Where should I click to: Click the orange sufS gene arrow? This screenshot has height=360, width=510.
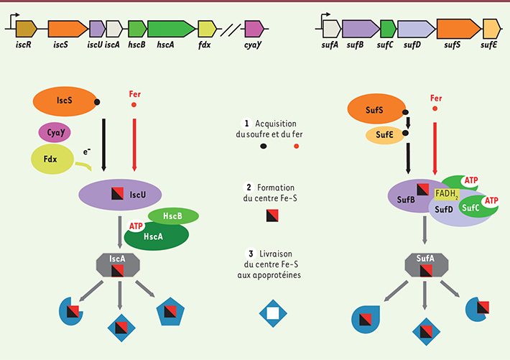point(458,29)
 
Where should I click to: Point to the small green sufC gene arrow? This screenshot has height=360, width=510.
point(387,29)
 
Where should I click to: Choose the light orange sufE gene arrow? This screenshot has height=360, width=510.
point(491,29)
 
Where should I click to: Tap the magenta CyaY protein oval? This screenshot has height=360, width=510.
point(55,132)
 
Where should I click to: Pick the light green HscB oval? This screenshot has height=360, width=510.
point(173,216)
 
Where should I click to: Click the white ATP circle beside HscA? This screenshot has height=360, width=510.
point(136,226)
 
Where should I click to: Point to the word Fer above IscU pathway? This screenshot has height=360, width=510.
point(134,94)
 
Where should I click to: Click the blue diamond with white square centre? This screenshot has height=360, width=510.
point(272,313)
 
